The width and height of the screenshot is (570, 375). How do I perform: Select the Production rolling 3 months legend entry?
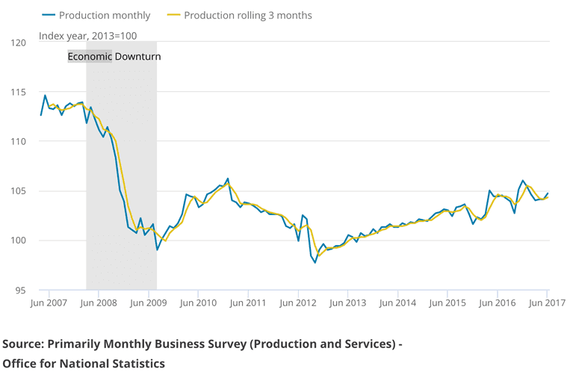247,15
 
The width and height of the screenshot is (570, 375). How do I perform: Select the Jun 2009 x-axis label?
149,303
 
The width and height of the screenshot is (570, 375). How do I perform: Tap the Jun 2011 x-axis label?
248,303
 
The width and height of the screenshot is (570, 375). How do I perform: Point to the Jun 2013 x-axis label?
347,303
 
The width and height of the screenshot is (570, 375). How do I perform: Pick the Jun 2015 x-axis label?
447,303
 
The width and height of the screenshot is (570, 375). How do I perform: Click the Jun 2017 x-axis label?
546,303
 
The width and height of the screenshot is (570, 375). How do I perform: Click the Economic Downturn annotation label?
114,56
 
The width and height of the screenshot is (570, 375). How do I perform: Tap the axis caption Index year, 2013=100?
87,35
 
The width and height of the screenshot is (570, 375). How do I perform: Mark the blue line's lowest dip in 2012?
315,262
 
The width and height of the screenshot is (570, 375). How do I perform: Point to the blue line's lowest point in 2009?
157,250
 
